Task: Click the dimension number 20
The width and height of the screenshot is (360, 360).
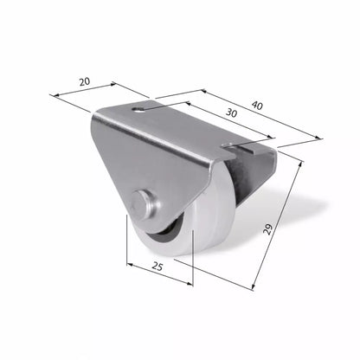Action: click(x=85, y=81)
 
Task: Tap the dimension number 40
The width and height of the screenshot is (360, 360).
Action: click(x=257, y=106)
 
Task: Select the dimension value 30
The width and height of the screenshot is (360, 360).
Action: click(x=231, y=113)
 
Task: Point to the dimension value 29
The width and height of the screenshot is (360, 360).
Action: click(x=268, y=229)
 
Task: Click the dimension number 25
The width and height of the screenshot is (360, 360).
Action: click(x=157, y=267)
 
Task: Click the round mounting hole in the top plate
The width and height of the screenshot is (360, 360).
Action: click(x=138, y=109)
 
